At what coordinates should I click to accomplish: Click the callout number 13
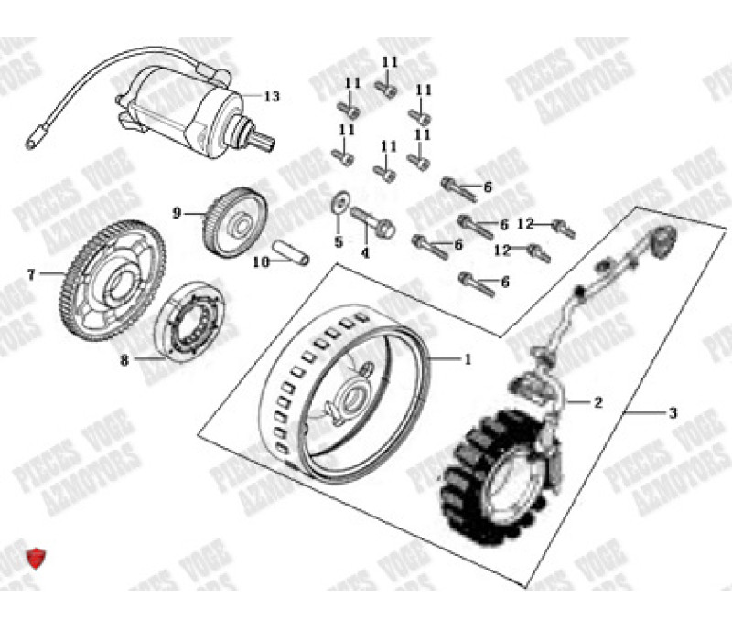pos(271,96)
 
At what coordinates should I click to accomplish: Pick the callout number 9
pos(178,213)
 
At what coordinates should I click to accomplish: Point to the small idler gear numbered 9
pos(232,219)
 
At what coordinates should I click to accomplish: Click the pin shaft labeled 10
pos(291,251)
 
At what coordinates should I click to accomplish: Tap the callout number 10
pos(259,261)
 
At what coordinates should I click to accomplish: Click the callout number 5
pos(338,242)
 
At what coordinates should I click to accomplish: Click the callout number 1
pos(468,359)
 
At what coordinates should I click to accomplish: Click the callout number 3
pos(673,413)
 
